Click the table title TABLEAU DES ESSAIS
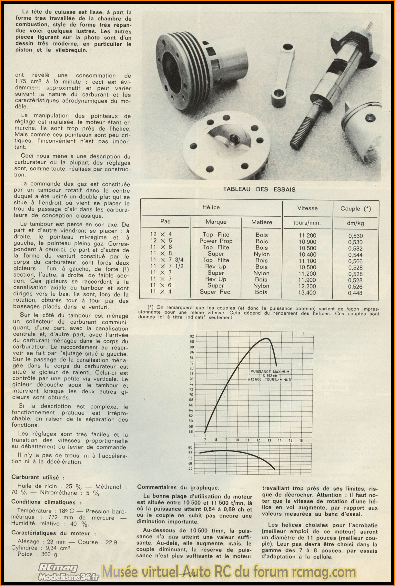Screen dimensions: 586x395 pos(259,189)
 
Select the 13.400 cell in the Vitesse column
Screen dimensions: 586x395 pos(307,293)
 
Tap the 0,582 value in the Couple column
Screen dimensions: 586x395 pos(355,248)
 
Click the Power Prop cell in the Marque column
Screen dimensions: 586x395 pos(216,241)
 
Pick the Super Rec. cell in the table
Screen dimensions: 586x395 pos(215,292)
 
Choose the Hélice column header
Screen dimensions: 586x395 pos(211,207)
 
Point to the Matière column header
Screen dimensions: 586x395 pos(262,222)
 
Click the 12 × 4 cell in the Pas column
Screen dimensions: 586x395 pos(161,235)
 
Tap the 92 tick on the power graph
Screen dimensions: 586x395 pos(192,337)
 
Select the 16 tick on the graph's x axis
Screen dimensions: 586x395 pos(301,440)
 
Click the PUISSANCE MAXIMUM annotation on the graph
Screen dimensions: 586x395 pos(270,372)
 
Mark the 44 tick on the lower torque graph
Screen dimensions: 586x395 pos(190,469)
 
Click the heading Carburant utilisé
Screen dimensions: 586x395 pos(38,477)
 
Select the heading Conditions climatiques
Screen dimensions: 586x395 pos(46,502)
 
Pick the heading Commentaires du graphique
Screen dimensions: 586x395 pos(178,488)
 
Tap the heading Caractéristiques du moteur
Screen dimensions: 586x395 pos(54,533)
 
